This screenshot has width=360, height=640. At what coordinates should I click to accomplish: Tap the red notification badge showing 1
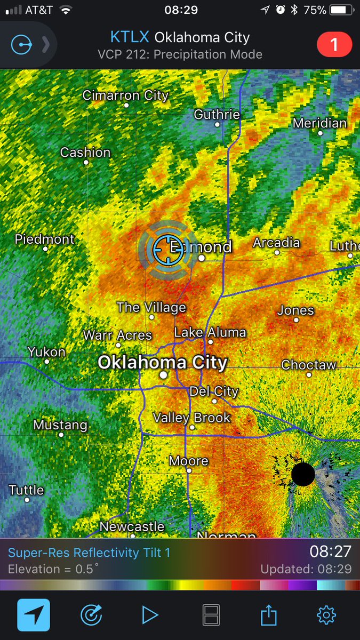pyautogui.click(x=334, y=45)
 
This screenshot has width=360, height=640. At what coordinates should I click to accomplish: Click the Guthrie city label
pyautogui.click(x=217, y=115)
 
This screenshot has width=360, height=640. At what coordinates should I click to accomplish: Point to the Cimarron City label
pyautogui.click(x=125, y=96)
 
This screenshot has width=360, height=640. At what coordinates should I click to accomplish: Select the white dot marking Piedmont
pyautogui.click(x=45, y=249)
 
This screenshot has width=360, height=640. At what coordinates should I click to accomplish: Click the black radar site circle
pyautogui.click(x=303, y=474)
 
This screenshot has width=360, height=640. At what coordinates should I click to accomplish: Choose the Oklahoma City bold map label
pyautogui.click(x=163, y=363)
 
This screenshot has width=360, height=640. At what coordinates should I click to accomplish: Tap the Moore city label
pyautogui.click(x=189, y=461)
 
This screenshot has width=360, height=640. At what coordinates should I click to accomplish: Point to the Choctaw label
pyautogui.click(x=309, y=365)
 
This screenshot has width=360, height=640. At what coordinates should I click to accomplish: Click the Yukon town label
pyautogui.click(x=47, y=352)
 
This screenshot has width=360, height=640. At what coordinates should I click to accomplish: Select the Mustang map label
pyautogui.click(x=60, y=426)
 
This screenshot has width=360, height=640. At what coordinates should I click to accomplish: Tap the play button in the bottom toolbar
pyautogui.click(x=150, y=615)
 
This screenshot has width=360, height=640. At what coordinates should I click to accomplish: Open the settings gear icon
pyautogui.click(x=326, y=615)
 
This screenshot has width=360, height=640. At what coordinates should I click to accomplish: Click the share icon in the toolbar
pyautogui.click(x=269, y=615)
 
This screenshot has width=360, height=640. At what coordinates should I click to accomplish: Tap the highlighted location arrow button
pyautogui.click(x=34, y=615)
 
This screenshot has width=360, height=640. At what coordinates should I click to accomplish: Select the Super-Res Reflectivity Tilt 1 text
pyautogui.click(x=89, y=553)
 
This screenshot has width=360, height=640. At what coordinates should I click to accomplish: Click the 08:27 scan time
pyautogui.click(x=331, y=551)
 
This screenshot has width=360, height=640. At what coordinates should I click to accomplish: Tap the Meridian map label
pyautogui.click(x=320, y=123)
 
